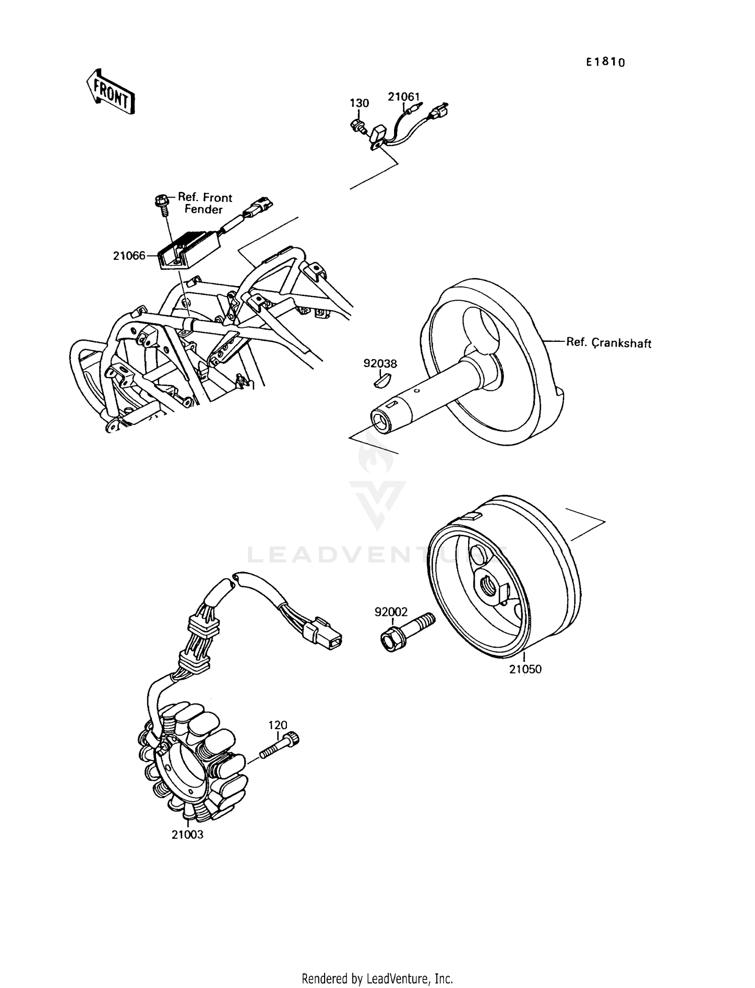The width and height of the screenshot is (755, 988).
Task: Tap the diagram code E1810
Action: [x=606, y=62]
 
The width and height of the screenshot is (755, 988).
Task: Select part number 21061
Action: [x=403, y=96]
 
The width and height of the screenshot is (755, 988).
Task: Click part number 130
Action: [x=359, y=103]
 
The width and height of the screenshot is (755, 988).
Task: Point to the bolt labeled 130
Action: [x=357, y=126]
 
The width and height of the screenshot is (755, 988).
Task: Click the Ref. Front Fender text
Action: [x=204, y=203]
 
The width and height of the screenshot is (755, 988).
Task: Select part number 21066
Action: [x=129, y=256]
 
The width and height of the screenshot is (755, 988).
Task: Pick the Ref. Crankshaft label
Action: [x=608, y=343]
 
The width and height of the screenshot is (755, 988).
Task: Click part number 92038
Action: [x=380, y=363]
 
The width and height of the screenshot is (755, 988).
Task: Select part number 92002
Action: [x=391, y=612]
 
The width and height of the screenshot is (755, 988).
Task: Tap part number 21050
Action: [x=525, y=669]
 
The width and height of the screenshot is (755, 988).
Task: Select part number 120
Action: [x=277, y=725]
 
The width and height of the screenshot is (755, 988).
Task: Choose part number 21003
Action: [x=187, y=834]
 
